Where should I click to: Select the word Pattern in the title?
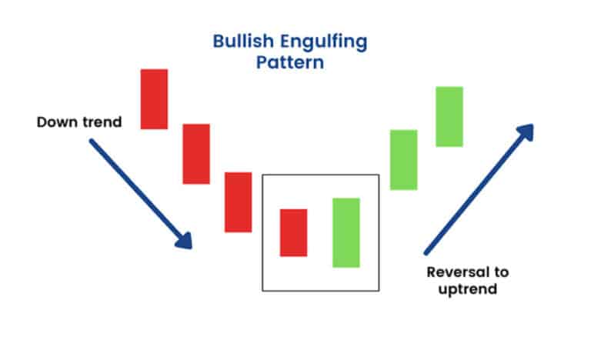[x=289, y=62]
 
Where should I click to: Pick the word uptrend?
[x=470, y=290]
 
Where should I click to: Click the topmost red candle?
[x=154, y=98]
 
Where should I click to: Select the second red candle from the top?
[x=195, y=153]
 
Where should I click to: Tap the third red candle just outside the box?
[x=238, y=202]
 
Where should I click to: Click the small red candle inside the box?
[x=293, y=232]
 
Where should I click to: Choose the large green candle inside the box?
[x=346, y=232]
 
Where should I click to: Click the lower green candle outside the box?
[x=403, y=159]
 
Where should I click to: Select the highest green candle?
[x=449, y=116]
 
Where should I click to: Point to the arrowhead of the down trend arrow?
[x=185, y=242]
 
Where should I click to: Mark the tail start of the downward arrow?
[x=92, y=142]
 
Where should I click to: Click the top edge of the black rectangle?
[x=320, y=175]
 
